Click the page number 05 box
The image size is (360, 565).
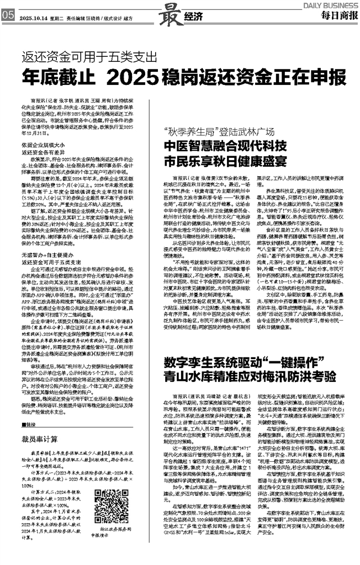(7, 16)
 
